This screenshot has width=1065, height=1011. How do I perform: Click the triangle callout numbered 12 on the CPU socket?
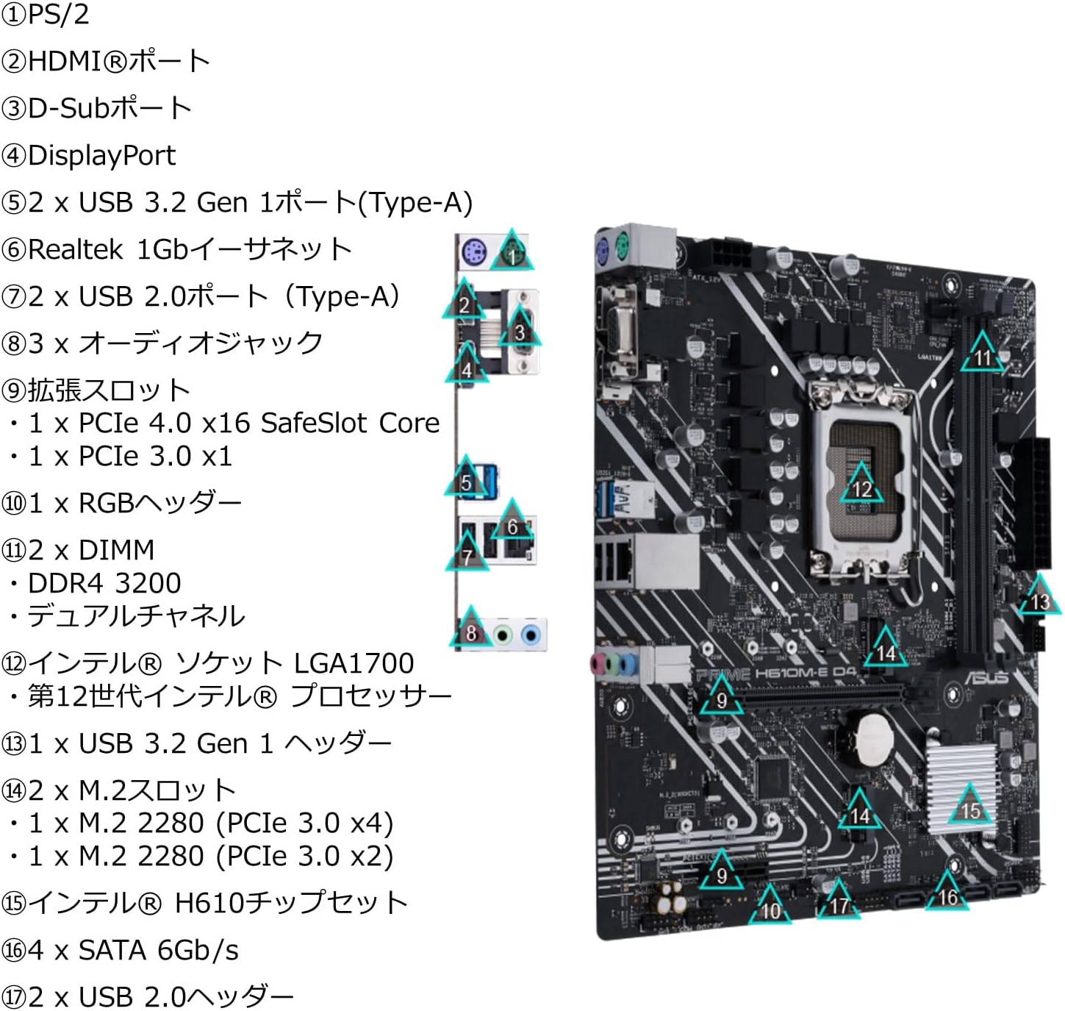click(861, 486)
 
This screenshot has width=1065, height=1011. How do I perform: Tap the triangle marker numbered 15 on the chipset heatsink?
click(970, 807)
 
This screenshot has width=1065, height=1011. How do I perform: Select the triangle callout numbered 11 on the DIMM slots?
click(983, 354)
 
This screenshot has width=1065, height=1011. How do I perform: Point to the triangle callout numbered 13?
click(1039, 599)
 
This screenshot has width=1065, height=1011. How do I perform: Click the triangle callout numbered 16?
click(947, 893)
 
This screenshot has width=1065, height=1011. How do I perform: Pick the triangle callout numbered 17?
click(839, 902)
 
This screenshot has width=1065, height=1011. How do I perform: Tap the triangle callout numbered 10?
click(770, 907)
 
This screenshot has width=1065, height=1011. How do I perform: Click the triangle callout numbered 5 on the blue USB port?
click(466, 479)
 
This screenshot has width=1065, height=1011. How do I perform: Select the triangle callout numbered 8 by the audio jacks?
click(471, 630)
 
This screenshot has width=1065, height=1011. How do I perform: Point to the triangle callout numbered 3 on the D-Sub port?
click(520, 329)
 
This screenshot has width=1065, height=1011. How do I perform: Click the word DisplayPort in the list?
click(101, 155)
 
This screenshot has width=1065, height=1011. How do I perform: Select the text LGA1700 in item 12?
click(354, 663)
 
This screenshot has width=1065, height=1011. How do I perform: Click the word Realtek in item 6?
click(75, 249)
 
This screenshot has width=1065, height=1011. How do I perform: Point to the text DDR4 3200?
click(104, 583)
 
